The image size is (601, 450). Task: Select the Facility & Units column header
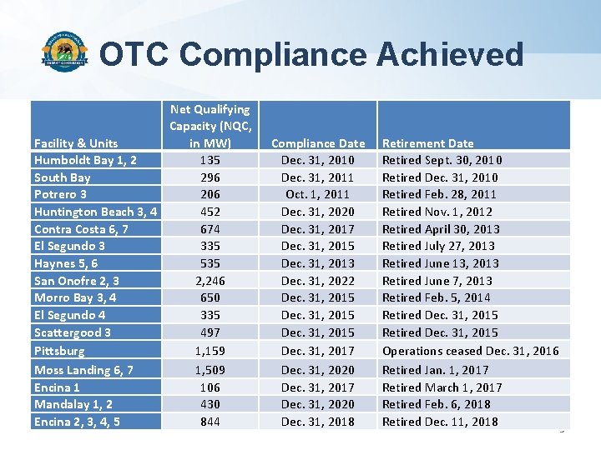click(x=76, y=143)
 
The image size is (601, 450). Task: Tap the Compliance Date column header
click(x=318, y=143)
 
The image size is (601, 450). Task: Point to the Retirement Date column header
click(x=427, y=143)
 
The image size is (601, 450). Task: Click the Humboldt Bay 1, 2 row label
click(x=85, y=160)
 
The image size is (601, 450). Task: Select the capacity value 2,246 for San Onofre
click(x=210, y=281)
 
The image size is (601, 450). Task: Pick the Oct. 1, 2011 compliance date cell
click(x=318, y=194)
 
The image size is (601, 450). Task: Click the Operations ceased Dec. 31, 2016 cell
click(x=470, y=351)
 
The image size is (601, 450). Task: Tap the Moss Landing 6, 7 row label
click(x=83, y=370)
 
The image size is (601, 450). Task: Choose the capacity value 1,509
click(x=210, y=370)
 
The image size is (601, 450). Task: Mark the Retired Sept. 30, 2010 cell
click(x=442, y=160)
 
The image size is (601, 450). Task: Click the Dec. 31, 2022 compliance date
click(x=318, y=281)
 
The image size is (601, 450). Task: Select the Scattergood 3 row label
click(x=73, y=332)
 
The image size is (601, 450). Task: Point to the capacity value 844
click(x=210, y=422)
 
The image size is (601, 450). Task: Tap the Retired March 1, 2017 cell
click(x=442, y=387)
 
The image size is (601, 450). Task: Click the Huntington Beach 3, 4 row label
click(x=95, y=212)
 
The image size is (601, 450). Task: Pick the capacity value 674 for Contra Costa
click(x=210, y=229)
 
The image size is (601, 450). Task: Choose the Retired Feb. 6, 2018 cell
click(x=436, y=404)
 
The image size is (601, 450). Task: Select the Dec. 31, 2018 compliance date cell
click(x=318, y=422)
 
